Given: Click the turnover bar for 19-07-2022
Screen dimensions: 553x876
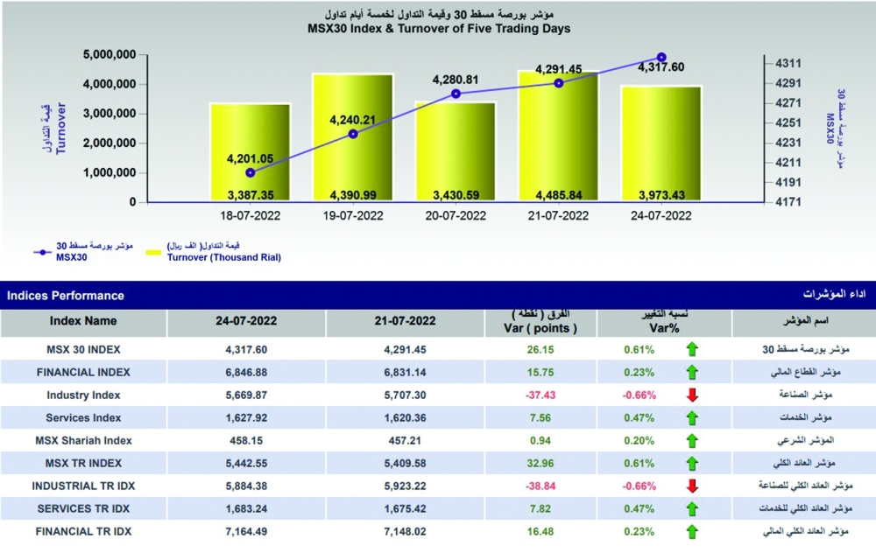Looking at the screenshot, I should tap(352, 140).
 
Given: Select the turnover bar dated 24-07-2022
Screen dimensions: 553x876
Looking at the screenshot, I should tap(661, 144).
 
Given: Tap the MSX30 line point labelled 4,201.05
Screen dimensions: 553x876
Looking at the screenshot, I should tap(251, 172).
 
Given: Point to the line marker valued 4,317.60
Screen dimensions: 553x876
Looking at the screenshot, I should tap(661, 57).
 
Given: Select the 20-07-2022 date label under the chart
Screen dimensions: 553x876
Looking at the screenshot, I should tap(455, 215).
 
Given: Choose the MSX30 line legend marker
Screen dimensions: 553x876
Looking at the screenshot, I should tap(45, 252).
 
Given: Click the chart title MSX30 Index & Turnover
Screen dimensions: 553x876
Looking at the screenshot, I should tap(438, 28).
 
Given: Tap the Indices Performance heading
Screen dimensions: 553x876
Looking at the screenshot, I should tap(66, 296).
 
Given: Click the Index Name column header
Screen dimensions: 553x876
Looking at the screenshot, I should tap(83, 321).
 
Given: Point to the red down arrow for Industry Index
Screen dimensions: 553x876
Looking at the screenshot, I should tap(692, 395).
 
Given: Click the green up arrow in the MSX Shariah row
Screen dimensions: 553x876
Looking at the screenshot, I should tap(692, 440).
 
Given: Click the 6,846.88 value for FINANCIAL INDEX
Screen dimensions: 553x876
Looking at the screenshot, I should tap(246, 372).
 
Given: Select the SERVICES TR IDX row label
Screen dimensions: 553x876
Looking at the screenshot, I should tap(83, 508).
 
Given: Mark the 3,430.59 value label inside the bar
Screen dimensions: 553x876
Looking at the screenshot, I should tap(455, 194).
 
